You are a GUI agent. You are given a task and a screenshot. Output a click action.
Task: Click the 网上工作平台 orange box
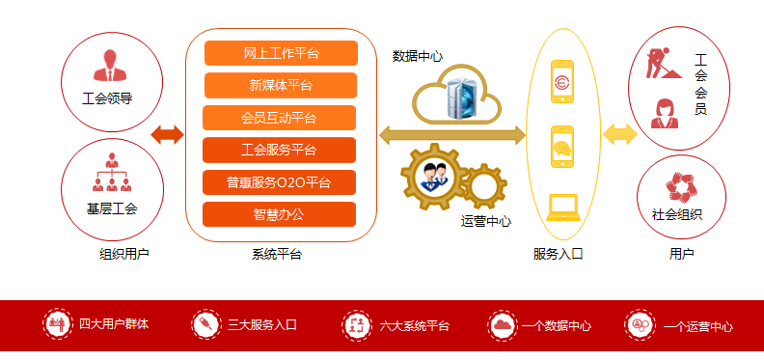pyautogui.click(x=281, y=53)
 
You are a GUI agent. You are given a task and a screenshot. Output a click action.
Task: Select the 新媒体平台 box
pyautogui.click(x=281, y=85)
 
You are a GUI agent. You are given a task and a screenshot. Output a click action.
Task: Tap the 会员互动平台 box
pyautogui.click(x=279, y=118)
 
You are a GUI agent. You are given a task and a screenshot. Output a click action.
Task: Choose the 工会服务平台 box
pyautogui.click(x=279, y=150)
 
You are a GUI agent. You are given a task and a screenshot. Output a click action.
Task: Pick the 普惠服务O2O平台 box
pyautogui.click(x=279, y=181)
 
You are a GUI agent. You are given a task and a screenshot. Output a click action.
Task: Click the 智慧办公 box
pyautogui.click(x=279, y=213)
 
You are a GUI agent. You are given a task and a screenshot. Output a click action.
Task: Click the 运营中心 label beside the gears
pyautogui.click(x=486, y=221)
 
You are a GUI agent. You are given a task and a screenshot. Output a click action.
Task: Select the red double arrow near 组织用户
pyautogui.click(x=167, y=134)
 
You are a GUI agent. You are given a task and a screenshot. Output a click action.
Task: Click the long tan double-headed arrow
pyautogui.click(x=451, y=135)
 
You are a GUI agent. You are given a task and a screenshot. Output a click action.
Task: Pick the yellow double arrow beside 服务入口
pyautogui.click(x=620, y=134)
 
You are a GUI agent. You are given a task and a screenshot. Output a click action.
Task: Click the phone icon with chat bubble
pyautogui.click(x=562, y=147)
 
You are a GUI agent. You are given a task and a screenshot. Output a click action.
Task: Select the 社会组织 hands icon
pyautogui.click(x=681, y=185)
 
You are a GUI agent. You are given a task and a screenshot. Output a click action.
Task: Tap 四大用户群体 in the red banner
pyautogui.click(x=114, y=325)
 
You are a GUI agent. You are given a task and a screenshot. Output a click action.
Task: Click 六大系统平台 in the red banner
pyautogui.click(x=414, y=326)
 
